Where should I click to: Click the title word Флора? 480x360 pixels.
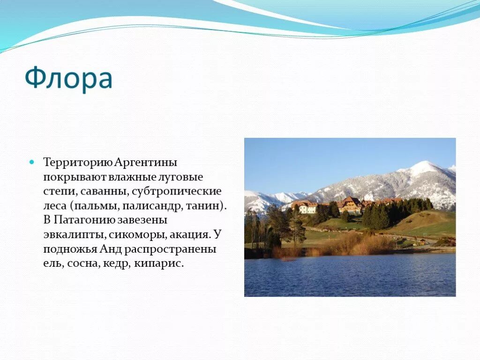[68, 79]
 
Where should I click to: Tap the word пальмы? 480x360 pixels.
[93, 206]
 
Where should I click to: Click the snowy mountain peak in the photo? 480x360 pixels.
[423, 167]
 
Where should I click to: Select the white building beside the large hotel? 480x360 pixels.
[307, 208]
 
